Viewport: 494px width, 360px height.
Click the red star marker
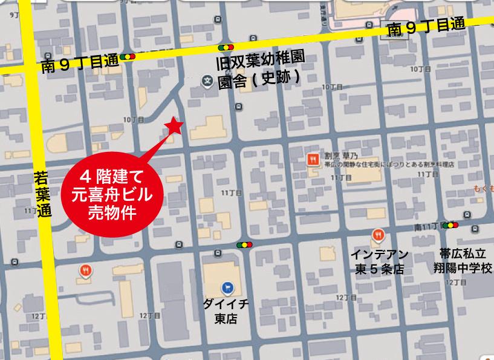(x=174, y=125)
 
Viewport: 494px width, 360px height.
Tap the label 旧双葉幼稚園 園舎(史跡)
(x=259, y=70)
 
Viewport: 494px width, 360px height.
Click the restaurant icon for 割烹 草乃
(x=312, y=160)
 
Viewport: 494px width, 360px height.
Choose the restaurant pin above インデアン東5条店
(x=379, y=235)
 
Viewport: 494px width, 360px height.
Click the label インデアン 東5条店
(x=379, y=261)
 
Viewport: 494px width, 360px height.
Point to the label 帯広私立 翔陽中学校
(x=466, y=261)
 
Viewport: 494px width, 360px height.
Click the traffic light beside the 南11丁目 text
(x=451, y=226)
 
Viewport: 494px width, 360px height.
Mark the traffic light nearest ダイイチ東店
(x=244, y=245)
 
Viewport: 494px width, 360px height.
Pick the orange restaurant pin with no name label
(x=86, y=270)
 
